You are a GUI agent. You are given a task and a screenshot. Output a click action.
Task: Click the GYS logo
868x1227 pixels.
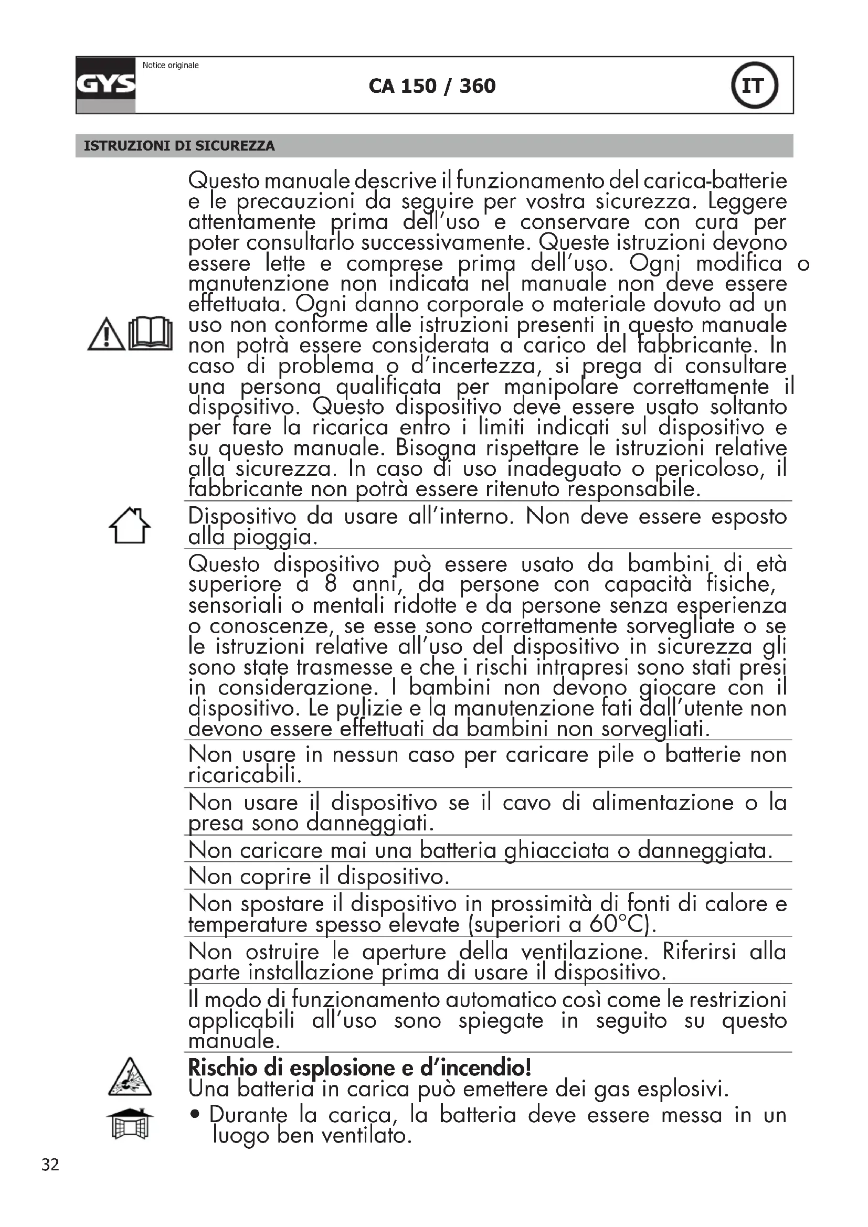click(x=106, y=85)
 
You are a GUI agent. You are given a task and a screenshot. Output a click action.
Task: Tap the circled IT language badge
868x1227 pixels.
click(x=754, y=86)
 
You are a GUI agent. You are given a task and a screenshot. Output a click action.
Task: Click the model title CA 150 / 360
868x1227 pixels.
click(x=432, y=86)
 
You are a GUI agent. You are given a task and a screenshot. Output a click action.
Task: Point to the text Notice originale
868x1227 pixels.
click(x=171, y=66)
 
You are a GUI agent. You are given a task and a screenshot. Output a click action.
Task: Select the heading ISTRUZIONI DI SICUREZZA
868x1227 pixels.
click(x=179, y=146)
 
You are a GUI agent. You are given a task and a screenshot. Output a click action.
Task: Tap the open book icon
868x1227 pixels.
click(x=151, y=334)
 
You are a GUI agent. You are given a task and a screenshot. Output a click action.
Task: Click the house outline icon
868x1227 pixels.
click(x=130, y=526)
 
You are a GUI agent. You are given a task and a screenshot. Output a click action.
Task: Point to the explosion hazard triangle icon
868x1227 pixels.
click(x=130, y=1077)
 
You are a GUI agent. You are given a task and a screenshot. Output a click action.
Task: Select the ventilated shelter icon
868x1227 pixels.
click(x=130, y=1123)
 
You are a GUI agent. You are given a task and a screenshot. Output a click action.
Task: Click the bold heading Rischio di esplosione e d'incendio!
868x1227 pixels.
click(x=359, y=1068)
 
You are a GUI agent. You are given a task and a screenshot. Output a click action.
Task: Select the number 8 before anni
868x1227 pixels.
click(x=330, y=584)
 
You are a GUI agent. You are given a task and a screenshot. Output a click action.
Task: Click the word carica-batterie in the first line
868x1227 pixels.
click(x=715, y=182)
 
